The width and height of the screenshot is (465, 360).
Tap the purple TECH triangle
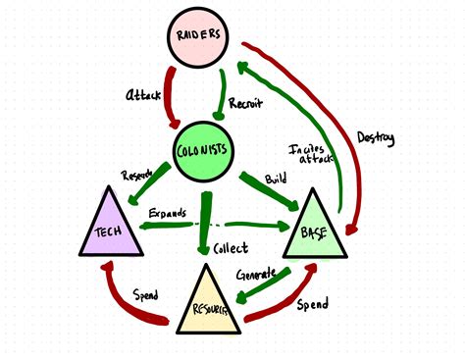pyautogui.click(x=108, y=227)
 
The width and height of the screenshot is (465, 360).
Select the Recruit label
pyautogui.click(x=245, y=102)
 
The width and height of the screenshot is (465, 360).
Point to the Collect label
pyautogui.click(x=231, y=248)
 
